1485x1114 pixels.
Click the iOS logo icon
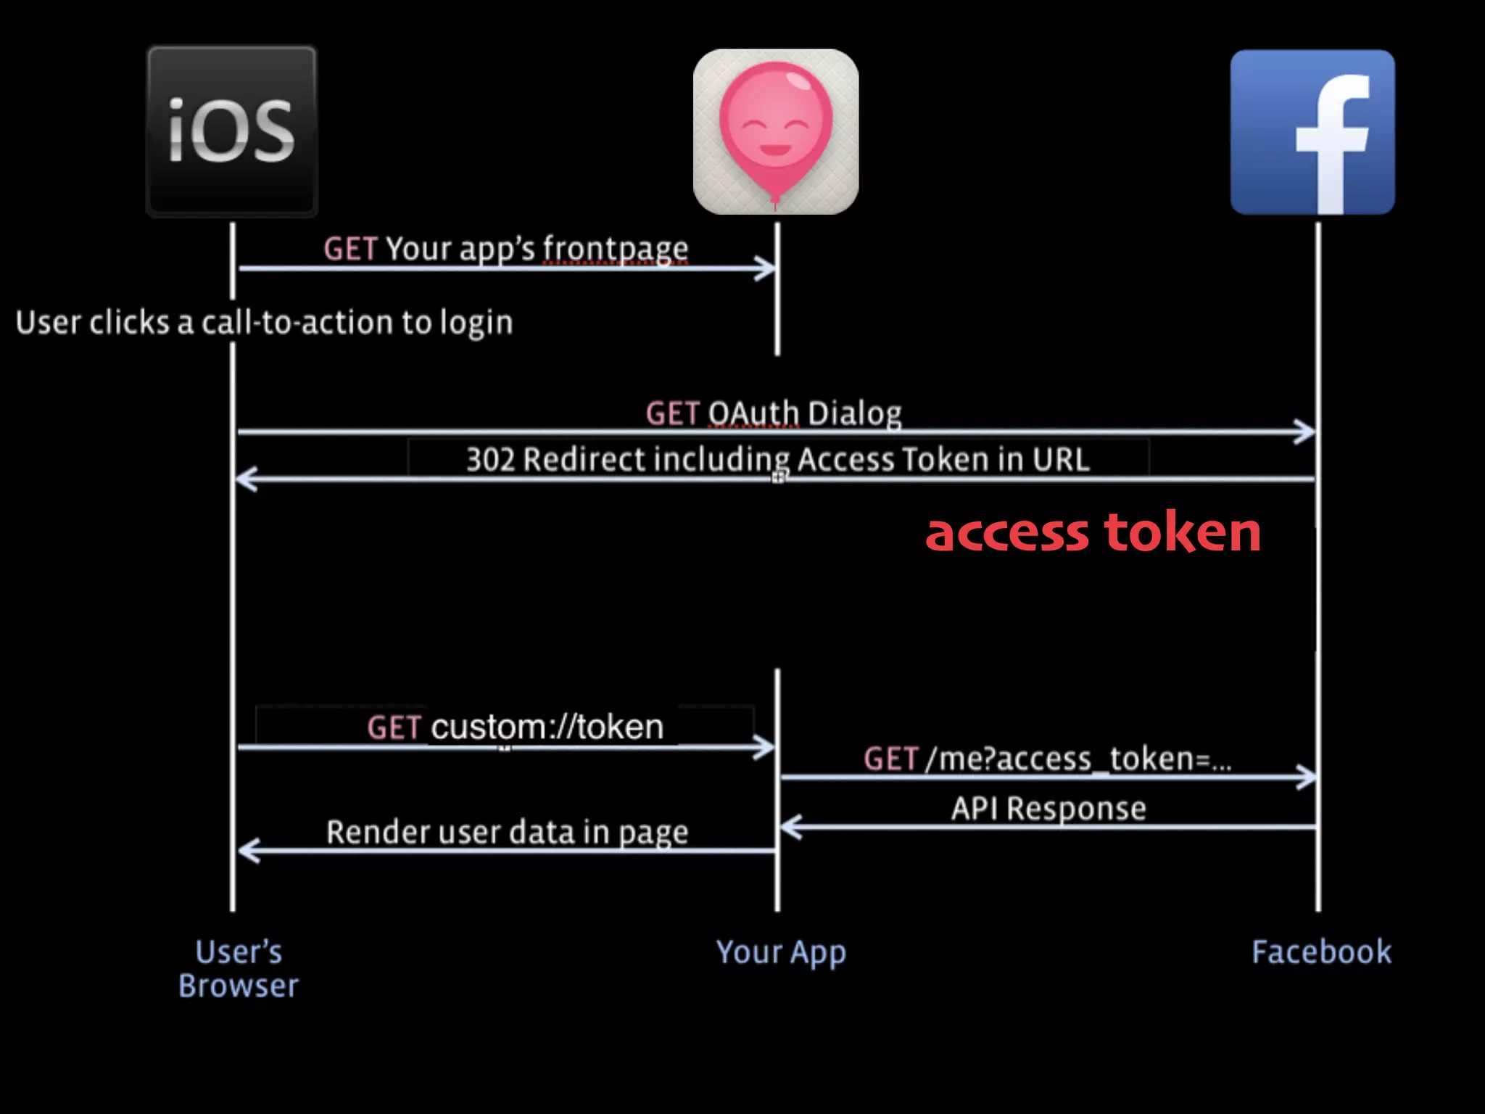(232, 131)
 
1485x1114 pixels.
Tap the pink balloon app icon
(775, 131)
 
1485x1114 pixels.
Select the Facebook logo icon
(1312, 132)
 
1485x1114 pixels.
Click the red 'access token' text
(1093, 532)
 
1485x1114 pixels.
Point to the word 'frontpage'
(616, 249)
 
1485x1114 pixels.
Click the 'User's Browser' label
(239, 968)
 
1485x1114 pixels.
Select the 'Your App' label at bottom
(781, 952)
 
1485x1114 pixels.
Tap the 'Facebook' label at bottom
(1321, 952)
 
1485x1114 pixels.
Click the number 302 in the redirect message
(490, 460)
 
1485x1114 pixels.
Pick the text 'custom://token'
(547, 727)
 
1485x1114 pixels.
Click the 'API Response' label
(1048, 808)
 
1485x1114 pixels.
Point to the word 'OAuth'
(753, 413)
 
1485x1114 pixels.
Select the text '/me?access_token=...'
(1077, 759)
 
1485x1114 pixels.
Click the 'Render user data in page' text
(507, 832)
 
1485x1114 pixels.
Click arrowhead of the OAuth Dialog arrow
(1307, 432)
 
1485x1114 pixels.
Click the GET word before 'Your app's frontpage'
(350, 249)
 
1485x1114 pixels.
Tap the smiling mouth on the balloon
(775, 151)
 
